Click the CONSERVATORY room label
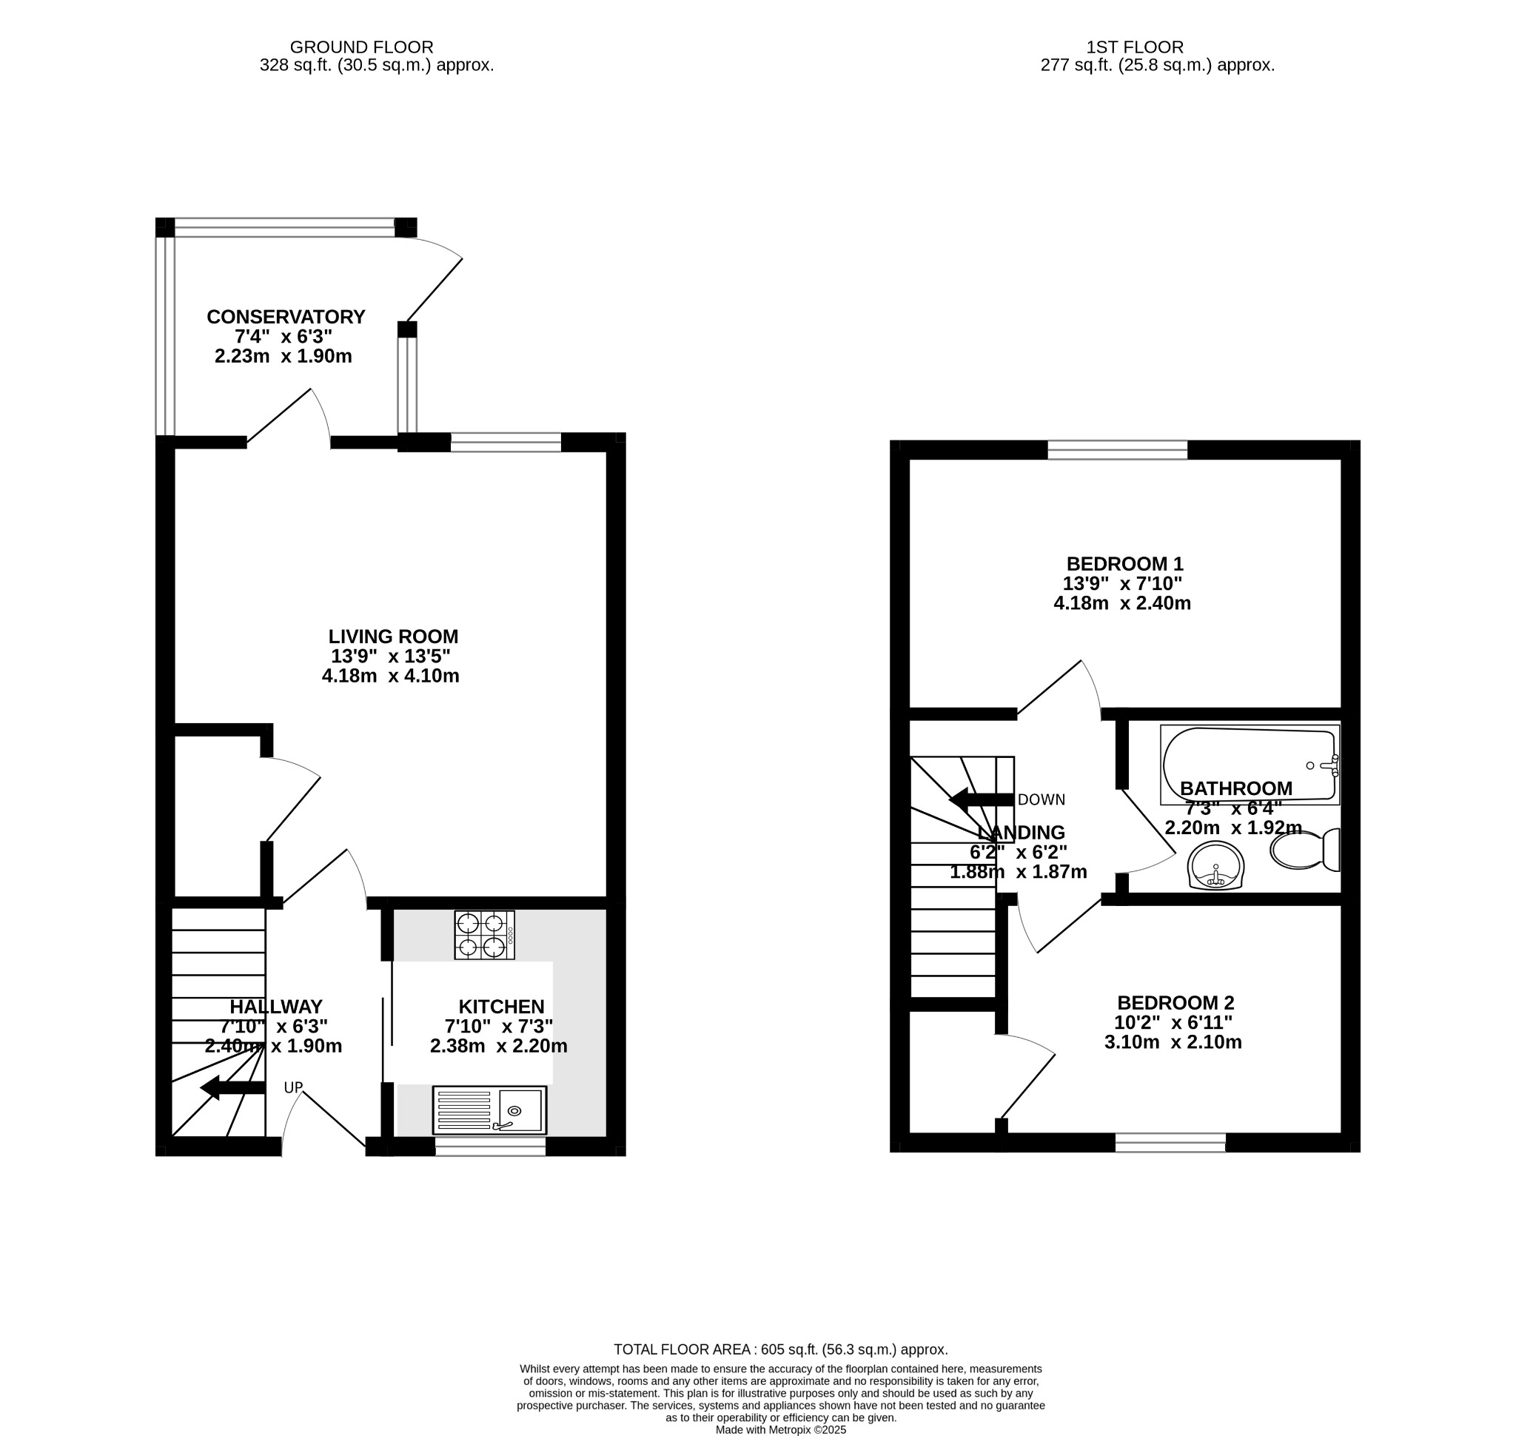[x=286, y=317]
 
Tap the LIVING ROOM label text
[x=393, y=636]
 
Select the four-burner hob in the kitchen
[x=484, y=935]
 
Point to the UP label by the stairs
[x=293, y=1087]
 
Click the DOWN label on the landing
[x=1041, y=800]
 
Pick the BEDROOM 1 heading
[x=1124, y=564]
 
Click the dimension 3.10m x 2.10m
[x=1173, y=1041]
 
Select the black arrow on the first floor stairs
[x=981, y=800]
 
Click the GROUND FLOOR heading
[x=361, y=47]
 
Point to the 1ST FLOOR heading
[x=1134, y=47]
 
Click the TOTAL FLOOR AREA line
[x=780, y=1349]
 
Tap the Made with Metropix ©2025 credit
[x=780, y=1429]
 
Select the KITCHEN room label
[x=500, y=1007]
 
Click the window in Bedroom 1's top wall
[x=1116, y=450]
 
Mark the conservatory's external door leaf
[x=434, y=289]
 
